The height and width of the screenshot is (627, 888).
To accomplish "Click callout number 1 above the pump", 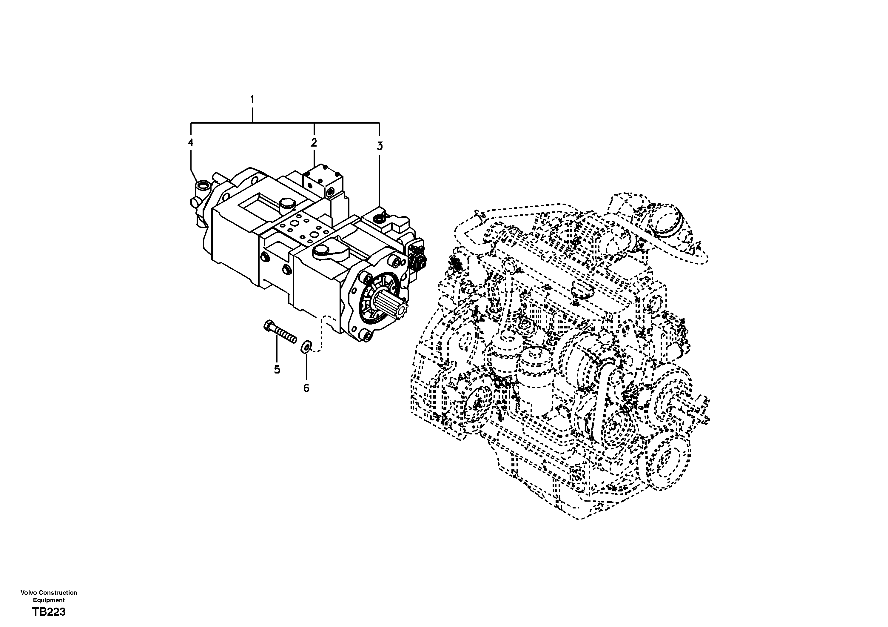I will point(252,99).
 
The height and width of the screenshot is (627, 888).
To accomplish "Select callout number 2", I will point(314,143).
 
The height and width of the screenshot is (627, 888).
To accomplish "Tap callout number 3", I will point(380,146).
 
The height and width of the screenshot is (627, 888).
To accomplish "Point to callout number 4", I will point(190,143).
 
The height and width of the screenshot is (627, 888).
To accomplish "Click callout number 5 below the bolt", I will point(277,370).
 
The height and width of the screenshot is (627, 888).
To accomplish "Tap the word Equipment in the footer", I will point(49,600).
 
